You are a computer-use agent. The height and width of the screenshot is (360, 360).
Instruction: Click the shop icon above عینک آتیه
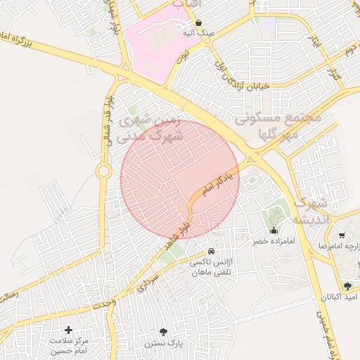click(199, 22)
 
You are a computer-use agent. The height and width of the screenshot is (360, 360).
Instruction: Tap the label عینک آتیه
click(199, 33)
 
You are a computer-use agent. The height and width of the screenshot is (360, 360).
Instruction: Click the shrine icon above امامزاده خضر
click(273, 231)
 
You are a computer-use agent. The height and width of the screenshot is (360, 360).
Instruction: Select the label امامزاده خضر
click(270, 241)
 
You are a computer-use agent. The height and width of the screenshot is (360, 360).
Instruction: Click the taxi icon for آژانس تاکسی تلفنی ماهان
click(212, 252)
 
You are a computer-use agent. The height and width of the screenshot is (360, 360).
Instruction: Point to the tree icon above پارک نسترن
click(164, 331)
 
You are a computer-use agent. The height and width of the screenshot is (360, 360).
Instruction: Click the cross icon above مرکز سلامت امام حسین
click(68, 330)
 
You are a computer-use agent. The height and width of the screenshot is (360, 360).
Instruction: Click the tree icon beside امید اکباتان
click(347, 285)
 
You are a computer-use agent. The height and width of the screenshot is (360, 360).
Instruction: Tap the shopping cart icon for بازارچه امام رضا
click(341, 236)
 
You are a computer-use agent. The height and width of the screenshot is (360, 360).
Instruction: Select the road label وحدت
click(103, 303)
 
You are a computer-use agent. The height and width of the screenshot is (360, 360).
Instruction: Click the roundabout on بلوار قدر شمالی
click(104, 170)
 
